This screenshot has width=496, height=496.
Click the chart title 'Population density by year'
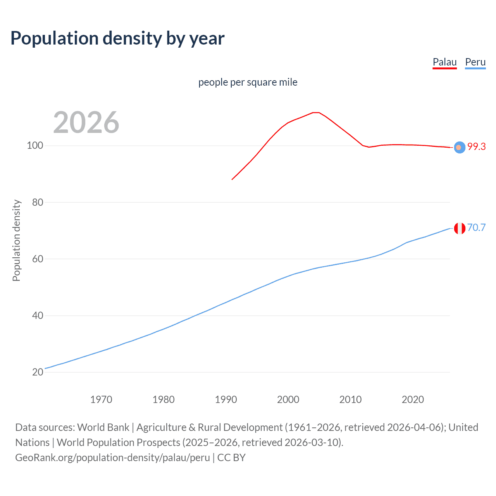click(x=117, y=38)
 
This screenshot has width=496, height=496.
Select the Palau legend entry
click(x=444, y=62)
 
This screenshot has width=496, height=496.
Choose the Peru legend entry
click(x=475, y=62)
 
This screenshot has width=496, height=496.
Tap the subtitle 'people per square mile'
click(x=248, y=82)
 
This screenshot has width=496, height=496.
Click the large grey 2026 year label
click(x=86, y=122)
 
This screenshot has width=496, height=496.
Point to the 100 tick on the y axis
click(x=35, y=146)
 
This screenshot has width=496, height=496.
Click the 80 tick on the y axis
click(x=37, y=202)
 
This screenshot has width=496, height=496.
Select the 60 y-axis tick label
click(x=37, y=259)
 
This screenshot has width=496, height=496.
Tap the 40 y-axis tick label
click(x=37, y=315)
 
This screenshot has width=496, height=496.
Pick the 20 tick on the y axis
click(x=37, y=372)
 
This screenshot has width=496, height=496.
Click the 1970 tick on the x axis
click(x=101, y=400)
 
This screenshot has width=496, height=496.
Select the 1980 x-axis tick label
click(x=164, y=400)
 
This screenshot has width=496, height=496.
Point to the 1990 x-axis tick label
click(x=226, y=400)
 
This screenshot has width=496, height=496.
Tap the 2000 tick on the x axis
click(x=288, y=400)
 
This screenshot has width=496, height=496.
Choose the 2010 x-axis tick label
click(x=350, y=400)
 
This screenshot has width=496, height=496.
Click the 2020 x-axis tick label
click(x=413, y=400)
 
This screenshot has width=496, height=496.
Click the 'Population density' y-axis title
click(x=16, y=240)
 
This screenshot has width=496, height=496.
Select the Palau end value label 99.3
click(x=476, y=146)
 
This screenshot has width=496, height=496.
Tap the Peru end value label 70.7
click(x=476, y=227)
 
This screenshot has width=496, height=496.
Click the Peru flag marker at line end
click(x=460, y=229)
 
